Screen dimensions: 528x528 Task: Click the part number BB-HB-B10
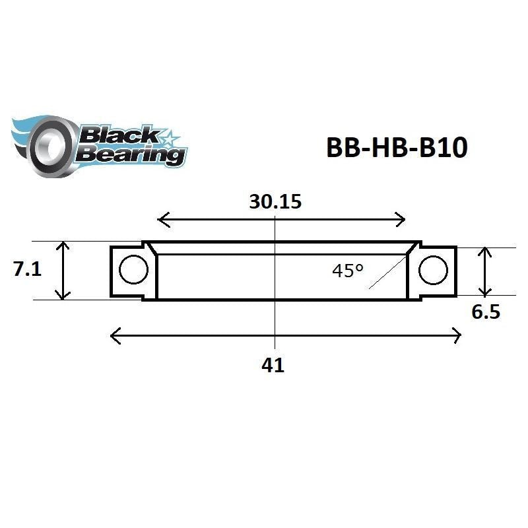(397, 148)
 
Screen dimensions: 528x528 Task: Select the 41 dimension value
(273, 365)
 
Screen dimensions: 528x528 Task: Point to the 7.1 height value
(27, 269)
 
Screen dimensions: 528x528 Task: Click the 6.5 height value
(485, 312)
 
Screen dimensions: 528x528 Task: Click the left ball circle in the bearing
(133, 270)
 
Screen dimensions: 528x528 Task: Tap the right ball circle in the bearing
(433, 270)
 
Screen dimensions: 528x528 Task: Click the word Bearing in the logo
(129, 155)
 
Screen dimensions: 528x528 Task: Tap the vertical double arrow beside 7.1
(63, 271)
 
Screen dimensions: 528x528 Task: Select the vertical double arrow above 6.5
(486, 271)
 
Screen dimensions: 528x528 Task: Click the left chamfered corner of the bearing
(150, 248)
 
